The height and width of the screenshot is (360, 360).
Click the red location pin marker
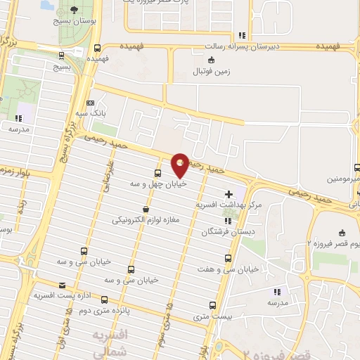(x=180, y=165)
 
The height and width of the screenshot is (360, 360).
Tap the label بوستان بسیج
(x=75, y=22)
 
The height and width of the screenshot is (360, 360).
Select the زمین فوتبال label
(x=212, y=71)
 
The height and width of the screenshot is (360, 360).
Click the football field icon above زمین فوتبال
(x=212, y=60)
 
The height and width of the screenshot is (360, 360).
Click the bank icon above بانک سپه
(x=90, y=102)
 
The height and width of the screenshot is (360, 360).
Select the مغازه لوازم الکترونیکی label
(x=146, y=220)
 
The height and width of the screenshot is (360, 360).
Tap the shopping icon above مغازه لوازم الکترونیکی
(x=146, y=210)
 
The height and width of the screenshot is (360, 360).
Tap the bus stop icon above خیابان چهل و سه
(x=157, y=172)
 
